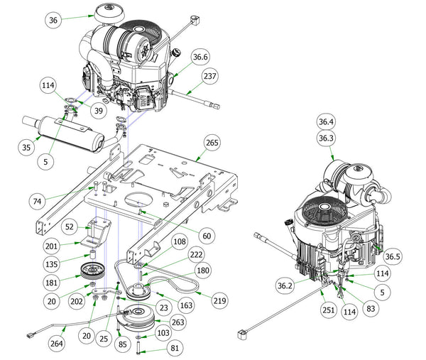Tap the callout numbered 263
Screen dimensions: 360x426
coord(178,321)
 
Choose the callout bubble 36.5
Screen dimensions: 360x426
coord(393,256)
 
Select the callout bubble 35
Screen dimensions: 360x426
coord(26,148)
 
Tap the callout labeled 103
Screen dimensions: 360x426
coord(163,332)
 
